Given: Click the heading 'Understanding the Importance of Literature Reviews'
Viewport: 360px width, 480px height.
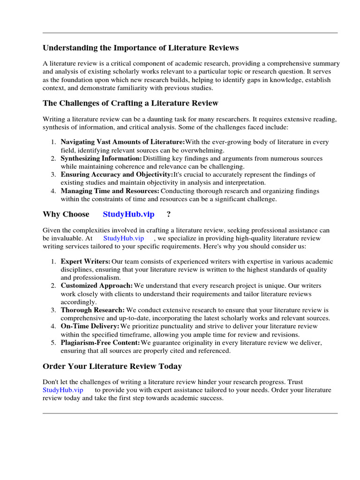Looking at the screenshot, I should tap(141, 48).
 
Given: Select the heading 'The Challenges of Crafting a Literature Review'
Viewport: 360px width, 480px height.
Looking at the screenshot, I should tap(130, 103).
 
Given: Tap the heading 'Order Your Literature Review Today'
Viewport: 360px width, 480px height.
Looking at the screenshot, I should tap(112, 366).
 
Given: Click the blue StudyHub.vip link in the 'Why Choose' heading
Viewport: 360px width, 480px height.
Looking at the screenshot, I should tap(128, 214).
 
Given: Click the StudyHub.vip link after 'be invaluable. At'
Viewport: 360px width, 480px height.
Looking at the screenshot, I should tap(124, 238).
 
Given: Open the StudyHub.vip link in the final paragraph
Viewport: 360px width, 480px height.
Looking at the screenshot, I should tap(63, 390).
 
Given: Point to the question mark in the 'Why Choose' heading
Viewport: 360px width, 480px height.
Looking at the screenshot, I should tap(168, 214).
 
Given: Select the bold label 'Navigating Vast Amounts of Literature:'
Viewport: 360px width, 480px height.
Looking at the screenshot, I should tap(123, 142).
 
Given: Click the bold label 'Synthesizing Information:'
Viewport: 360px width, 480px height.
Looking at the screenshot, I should tap(101, 159).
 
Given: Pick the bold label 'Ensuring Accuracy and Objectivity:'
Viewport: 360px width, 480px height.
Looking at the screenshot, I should tap(117, 174).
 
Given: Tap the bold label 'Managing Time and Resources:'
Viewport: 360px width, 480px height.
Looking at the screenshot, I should tap(110, 191).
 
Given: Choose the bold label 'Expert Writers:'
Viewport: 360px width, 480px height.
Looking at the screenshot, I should tap(86, 262).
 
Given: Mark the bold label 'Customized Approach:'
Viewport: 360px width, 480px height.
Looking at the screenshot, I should tap(97, 285).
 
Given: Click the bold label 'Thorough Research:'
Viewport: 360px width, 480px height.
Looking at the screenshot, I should tap(93, 310).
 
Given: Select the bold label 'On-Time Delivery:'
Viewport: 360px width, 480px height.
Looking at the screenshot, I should tap(90, 326).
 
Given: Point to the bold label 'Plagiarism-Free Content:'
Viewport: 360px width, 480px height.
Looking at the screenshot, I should tap(100, 343).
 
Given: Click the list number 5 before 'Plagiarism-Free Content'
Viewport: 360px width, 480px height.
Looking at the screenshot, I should tap(53, 343).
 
